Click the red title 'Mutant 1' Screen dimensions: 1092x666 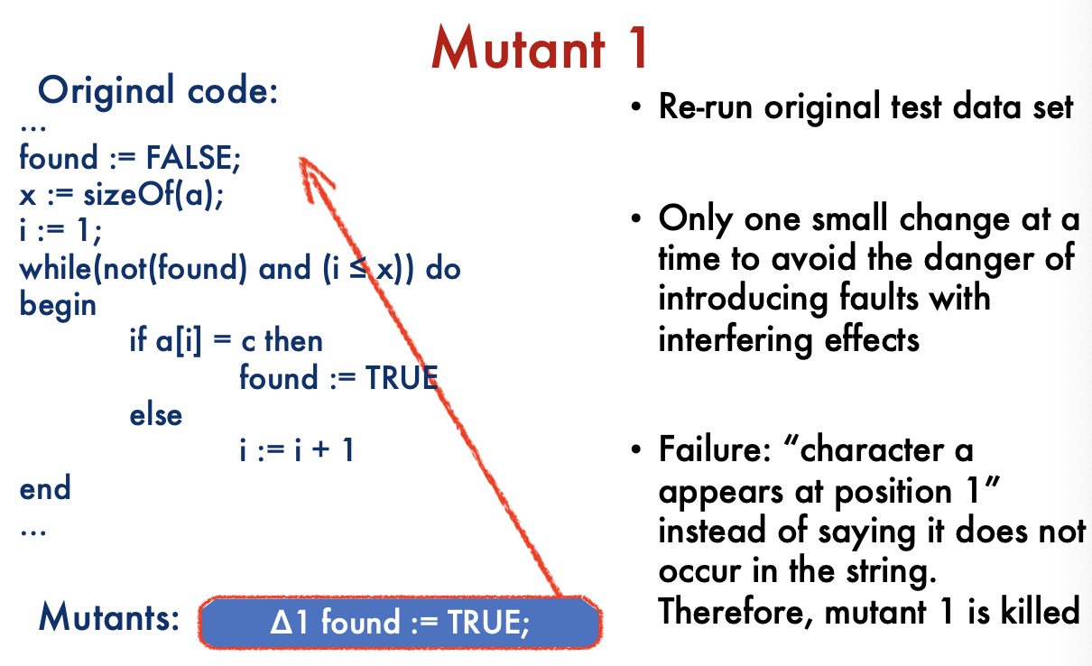point(541,48)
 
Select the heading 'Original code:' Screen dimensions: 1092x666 point(158,90)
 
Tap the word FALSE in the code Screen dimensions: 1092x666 point(193,158)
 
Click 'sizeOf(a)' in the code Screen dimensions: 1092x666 point(153,194)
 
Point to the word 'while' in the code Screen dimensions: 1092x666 point(55,268)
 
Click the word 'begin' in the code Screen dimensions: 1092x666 point(58,306)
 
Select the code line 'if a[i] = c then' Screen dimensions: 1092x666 point(226,340)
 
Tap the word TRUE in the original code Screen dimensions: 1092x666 point(402,378)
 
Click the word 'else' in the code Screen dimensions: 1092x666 point(156,415)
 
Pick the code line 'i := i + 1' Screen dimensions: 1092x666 point(296,449)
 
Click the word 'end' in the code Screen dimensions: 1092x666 point(45,487)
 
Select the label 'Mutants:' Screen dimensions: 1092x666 point(109,617)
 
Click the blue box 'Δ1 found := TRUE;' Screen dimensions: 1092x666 point(400,623)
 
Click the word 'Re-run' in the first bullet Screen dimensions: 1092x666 point(705,106)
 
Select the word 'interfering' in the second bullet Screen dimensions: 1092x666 point(736,339)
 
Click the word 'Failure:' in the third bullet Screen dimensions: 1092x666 point(715,449)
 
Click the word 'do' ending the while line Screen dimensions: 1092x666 point(443,269)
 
